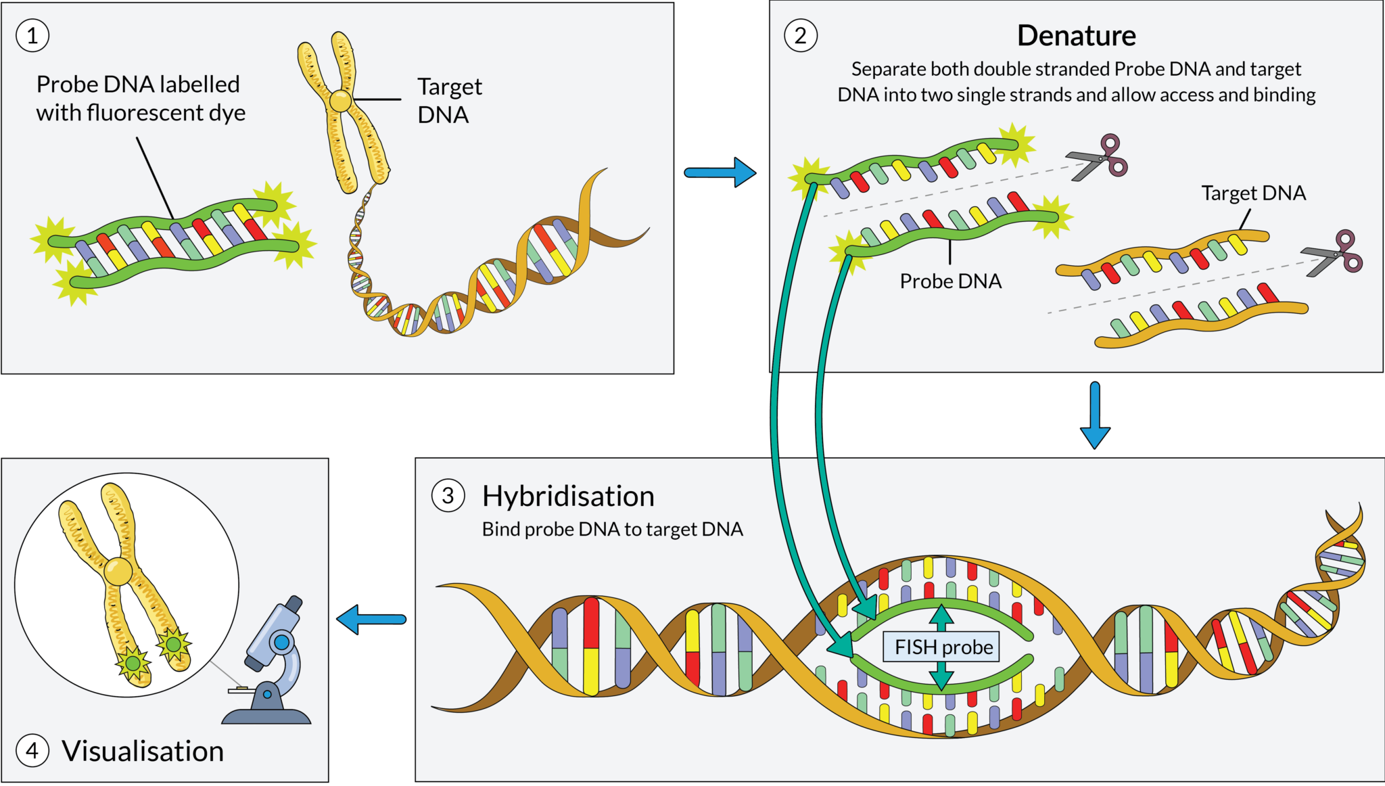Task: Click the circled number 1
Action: click(x=32, y=36)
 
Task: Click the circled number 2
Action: click(x=801, y=36)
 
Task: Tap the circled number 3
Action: click(x=448, y=496)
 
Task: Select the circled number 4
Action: click(x=32, y=751)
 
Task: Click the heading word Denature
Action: click(x=1076, y=36)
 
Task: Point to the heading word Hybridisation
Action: click(x=568, y=496)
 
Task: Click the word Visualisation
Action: click(x=143, y=752)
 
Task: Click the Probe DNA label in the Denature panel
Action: click(x=950, y=281)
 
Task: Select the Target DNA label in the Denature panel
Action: click(x=1253, y=193)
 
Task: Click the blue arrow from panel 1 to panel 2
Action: click(x=720, y=172)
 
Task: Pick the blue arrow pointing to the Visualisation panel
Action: click(x=371, y=619)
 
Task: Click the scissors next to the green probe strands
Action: click(x=1099, y=158)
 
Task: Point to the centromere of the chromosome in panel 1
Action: click(x=340, y=101)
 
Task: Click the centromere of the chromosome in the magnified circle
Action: click(x=118, y=572)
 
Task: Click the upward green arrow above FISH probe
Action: click(x=941, y=616)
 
